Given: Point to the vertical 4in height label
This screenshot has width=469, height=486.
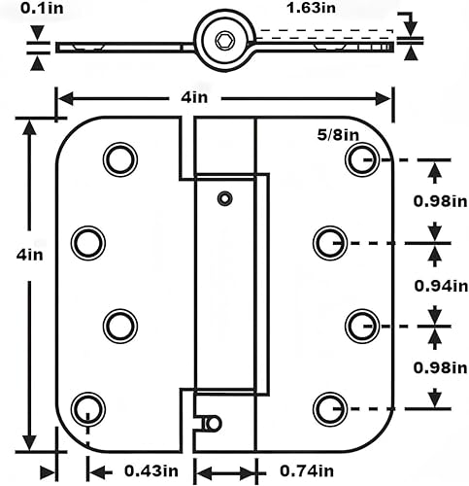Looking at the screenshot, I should coord(30,256).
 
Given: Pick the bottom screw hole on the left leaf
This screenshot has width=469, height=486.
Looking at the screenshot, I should coord(87,405).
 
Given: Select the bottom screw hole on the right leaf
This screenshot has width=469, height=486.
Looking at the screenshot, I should coord(328,405).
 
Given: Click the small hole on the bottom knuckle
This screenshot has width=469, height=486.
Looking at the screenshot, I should coord(214,423).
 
